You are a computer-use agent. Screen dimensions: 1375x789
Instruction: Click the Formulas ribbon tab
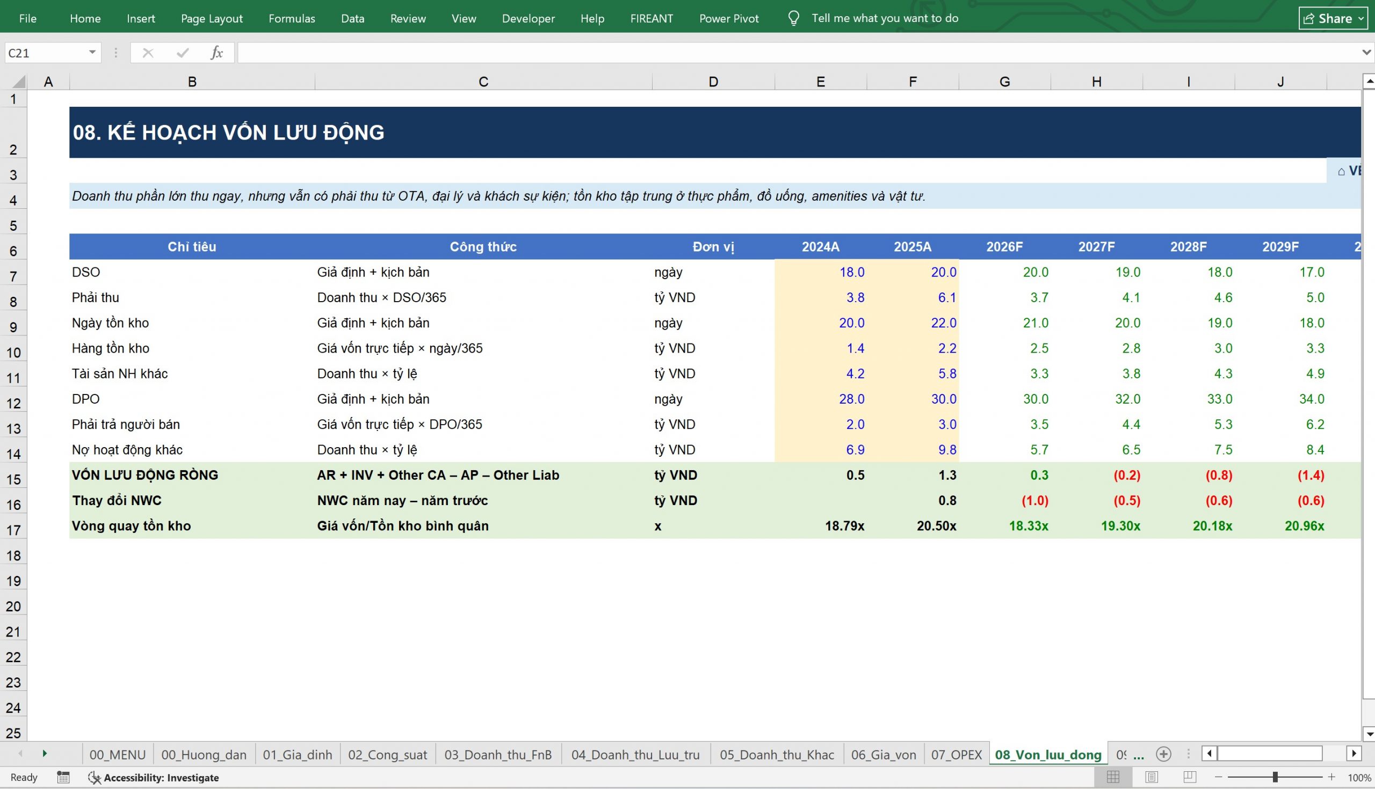tap(292, 18)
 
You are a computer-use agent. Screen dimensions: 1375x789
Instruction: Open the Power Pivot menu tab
tap(729, 18)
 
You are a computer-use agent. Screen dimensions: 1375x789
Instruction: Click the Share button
tap(1333, 18)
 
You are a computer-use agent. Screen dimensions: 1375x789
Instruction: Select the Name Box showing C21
tap(53, 53)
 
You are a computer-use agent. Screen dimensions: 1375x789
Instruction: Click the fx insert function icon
tap(216, 53)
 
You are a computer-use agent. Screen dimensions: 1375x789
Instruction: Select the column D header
tap(713, 82)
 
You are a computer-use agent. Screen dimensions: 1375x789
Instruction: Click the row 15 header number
tap(13, 479)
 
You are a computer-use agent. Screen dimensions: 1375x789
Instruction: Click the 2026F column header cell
tap(1004, 246)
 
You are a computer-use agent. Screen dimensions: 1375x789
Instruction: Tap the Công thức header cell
tap(483, 246)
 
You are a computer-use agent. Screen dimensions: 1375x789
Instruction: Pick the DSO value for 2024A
tap(852, 272)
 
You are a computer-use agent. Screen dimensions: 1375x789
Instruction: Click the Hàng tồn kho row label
tap(111, 348)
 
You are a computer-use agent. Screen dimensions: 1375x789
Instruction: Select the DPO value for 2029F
tap(1312, 399)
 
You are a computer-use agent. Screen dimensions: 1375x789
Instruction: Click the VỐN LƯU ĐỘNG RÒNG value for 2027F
tap(1127, 475)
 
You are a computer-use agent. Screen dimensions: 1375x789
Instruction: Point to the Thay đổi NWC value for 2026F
tap(1034, 501)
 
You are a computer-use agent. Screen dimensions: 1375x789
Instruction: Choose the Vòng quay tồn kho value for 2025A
tap(936, 525)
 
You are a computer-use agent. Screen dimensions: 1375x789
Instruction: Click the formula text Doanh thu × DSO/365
tap(382, 297)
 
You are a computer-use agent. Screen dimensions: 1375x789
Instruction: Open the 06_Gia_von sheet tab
tap(883, 755)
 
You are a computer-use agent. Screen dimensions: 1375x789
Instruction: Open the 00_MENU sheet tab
tap(118, 755)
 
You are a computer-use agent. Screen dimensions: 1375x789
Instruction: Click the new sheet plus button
tap(1163, 754)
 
